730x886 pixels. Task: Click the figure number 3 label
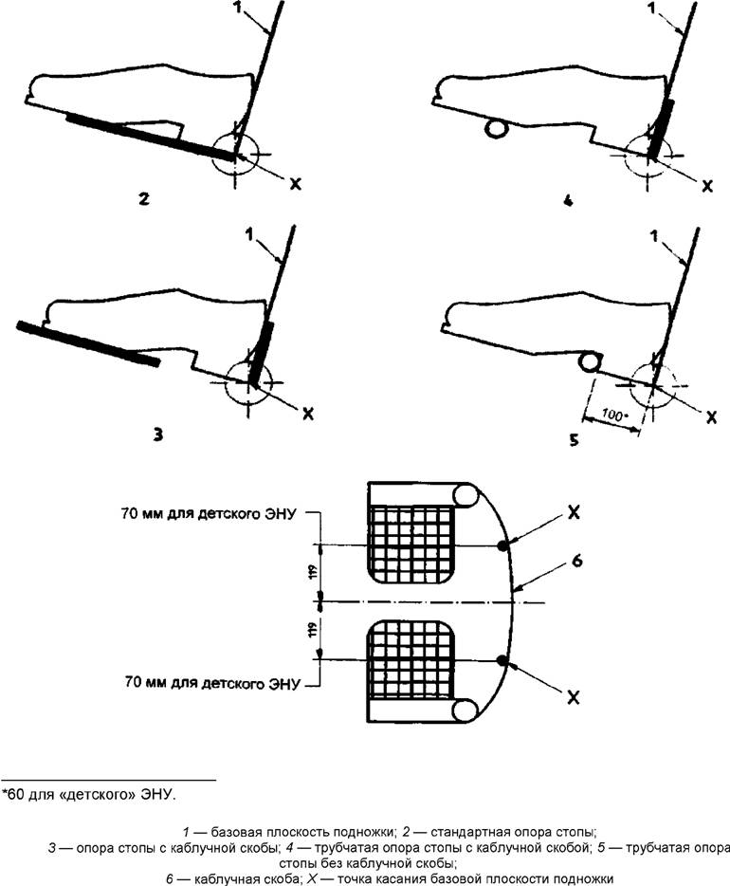(157, 434)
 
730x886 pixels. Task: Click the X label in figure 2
(294, 185)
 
